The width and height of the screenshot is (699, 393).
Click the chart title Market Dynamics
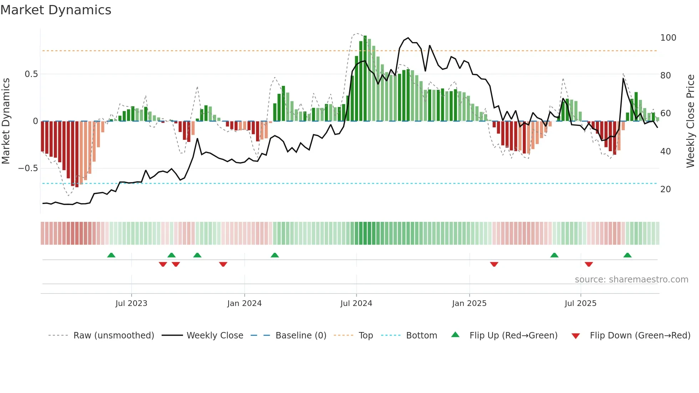56,10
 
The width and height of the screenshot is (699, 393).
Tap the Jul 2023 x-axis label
131,303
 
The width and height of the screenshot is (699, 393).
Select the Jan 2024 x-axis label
244,303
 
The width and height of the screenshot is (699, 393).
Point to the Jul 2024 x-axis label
356,303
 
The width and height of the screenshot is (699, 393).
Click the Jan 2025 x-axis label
469,303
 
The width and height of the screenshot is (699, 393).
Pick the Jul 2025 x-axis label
580,303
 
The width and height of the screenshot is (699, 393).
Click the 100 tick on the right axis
668,38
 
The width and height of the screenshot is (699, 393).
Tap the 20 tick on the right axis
665,189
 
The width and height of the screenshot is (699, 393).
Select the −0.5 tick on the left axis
28,168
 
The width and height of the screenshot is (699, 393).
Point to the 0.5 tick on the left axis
31,74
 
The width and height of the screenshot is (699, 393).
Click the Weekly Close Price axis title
690,121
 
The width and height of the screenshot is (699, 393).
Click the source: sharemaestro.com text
631,280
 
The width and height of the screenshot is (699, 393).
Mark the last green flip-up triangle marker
627,255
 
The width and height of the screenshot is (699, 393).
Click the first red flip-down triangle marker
163,264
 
